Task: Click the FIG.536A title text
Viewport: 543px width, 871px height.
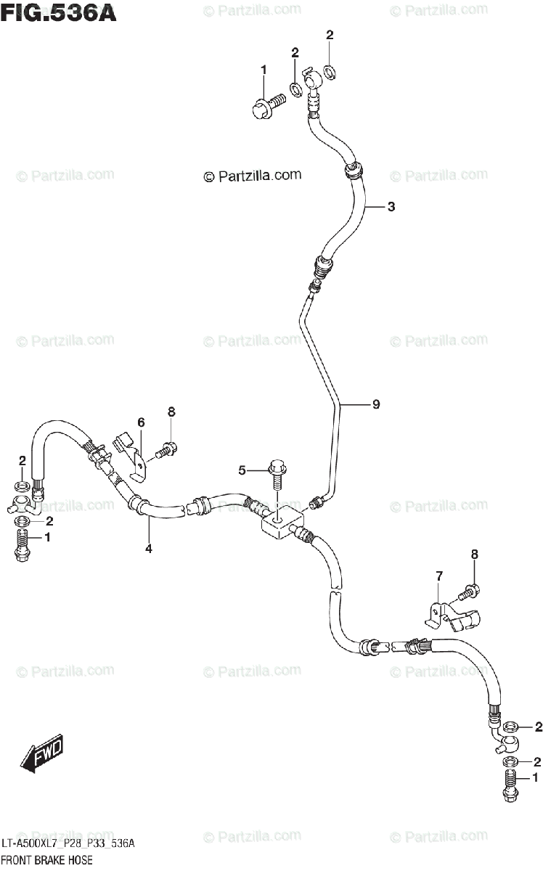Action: click(58, 12)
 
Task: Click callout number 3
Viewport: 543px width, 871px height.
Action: click(391, 208)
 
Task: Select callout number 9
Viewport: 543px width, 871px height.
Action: click(376, 405)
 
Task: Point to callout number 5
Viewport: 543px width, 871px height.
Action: click(242, 470)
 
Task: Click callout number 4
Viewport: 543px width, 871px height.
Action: click(148, 549)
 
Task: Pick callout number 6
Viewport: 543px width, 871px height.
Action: click(141, 422)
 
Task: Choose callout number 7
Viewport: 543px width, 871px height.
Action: click(438, 576)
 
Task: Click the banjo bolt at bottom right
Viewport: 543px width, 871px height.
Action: click(510, 788)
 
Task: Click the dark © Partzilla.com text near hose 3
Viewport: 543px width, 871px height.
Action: click(252, 176)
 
